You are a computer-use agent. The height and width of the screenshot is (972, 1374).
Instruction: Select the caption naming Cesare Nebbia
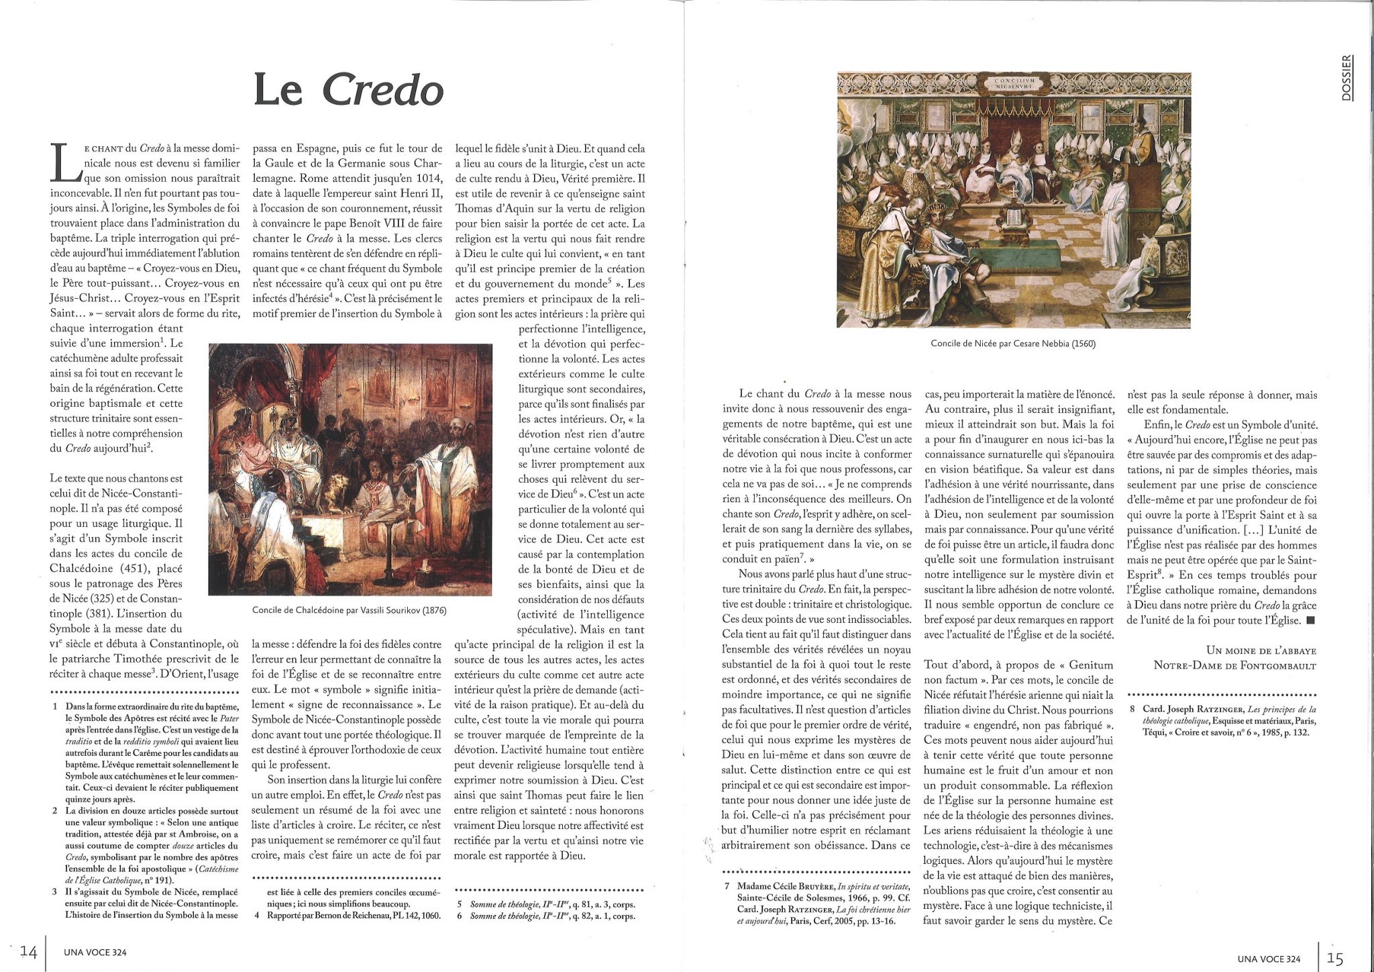click(x=1013, y=343)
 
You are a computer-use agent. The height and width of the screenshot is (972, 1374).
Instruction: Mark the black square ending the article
click(x=1310, y=620)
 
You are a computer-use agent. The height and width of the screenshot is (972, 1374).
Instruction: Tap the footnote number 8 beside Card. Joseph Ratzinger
click(x=1132, y=709)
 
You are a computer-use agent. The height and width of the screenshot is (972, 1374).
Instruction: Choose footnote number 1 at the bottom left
click(x=54, y=707)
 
